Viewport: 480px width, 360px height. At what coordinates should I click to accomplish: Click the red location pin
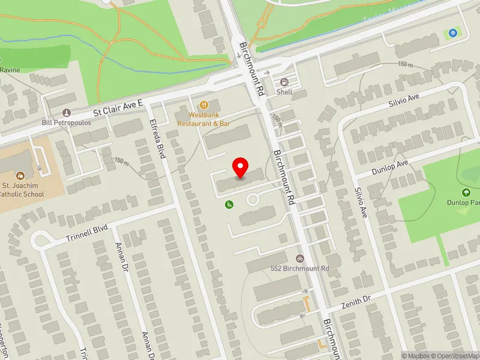[x=241, y=167]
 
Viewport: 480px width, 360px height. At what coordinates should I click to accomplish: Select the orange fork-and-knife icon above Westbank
[x=204, y=104]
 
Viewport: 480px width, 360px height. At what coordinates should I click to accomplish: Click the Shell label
[x=284, y=92]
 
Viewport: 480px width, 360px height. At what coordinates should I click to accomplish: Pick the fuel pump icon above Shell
[x=284, y=82]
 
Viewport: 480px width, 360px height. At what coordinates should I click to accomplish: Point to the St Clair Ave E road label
[x=118, y=107]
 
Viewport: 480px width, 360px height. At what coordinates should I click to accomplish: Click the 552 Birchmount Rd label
[x=301, y=268]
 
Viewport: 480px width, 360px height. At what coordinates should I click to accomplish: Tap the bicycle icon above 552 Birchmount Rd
[x=300, y=258]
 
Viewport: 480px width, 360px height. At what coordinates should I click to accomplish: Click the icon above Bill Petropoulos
[x=66, y=112]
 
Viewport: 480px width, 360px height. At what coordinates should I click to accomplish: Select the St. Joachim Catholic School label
[x=22, y=190]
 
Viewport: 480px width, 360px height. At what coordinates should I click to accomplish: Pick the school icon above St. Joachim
[x=21, y=176]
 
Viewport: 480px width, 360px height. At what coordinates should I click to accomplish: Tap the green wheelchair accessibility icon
[x=229, y=205]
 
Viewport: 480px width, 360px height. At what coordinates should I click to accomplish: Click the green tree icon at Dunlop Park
[x=466, y=193]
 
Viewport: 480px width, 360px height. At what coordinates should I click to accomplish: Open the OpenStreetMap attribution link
[x=454, y=356]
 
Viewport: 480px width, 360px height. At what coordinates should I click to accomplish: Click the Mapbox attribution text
[x=415, y=356]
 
